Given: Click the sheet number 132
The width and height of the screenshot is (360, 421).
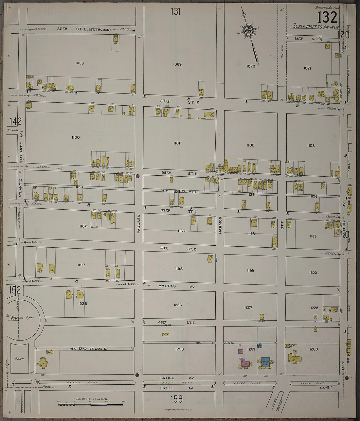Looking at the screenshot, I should (327, 17).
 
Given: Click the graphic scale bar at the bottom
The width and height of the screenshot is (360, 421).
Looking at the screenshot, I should (91, 405).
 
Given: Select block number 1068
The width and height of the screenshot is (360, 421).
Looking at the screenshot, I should (80, 63).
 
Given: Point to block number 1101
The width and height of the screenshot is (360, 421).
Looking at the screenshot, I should (177, 143).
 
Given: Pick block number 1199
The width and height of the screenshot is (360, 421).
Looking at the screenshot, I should (250, 271).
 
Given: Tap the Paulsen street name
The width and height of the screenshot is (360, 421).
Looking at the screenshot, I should (139, 224).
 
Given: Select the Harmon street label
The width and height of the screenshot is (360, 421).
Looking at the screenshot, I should (220, 225).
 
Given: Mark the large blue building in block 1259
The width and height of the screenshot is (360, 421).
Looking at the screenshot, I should (265, 361).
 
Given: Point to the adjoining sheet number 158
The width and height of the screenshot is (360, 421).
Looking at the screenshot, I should (176, 399).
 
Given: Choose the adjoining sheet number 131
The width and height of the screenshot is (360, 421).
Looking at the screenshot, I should (175, 12).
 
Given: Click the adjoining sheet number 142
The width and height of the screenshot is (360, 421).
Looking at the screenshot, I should (15, 121).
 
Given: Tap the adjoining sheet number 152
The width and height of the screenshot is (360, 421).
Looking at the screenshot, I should (15, 290).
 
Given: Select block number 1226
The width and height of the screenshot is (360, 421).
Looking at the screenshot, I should (178, 305).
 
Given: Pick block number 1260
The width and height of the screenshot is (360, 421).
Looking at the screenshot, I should (314, 349).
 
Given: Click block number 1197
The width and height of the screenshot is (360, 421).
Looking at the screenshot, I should (81, 265).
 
